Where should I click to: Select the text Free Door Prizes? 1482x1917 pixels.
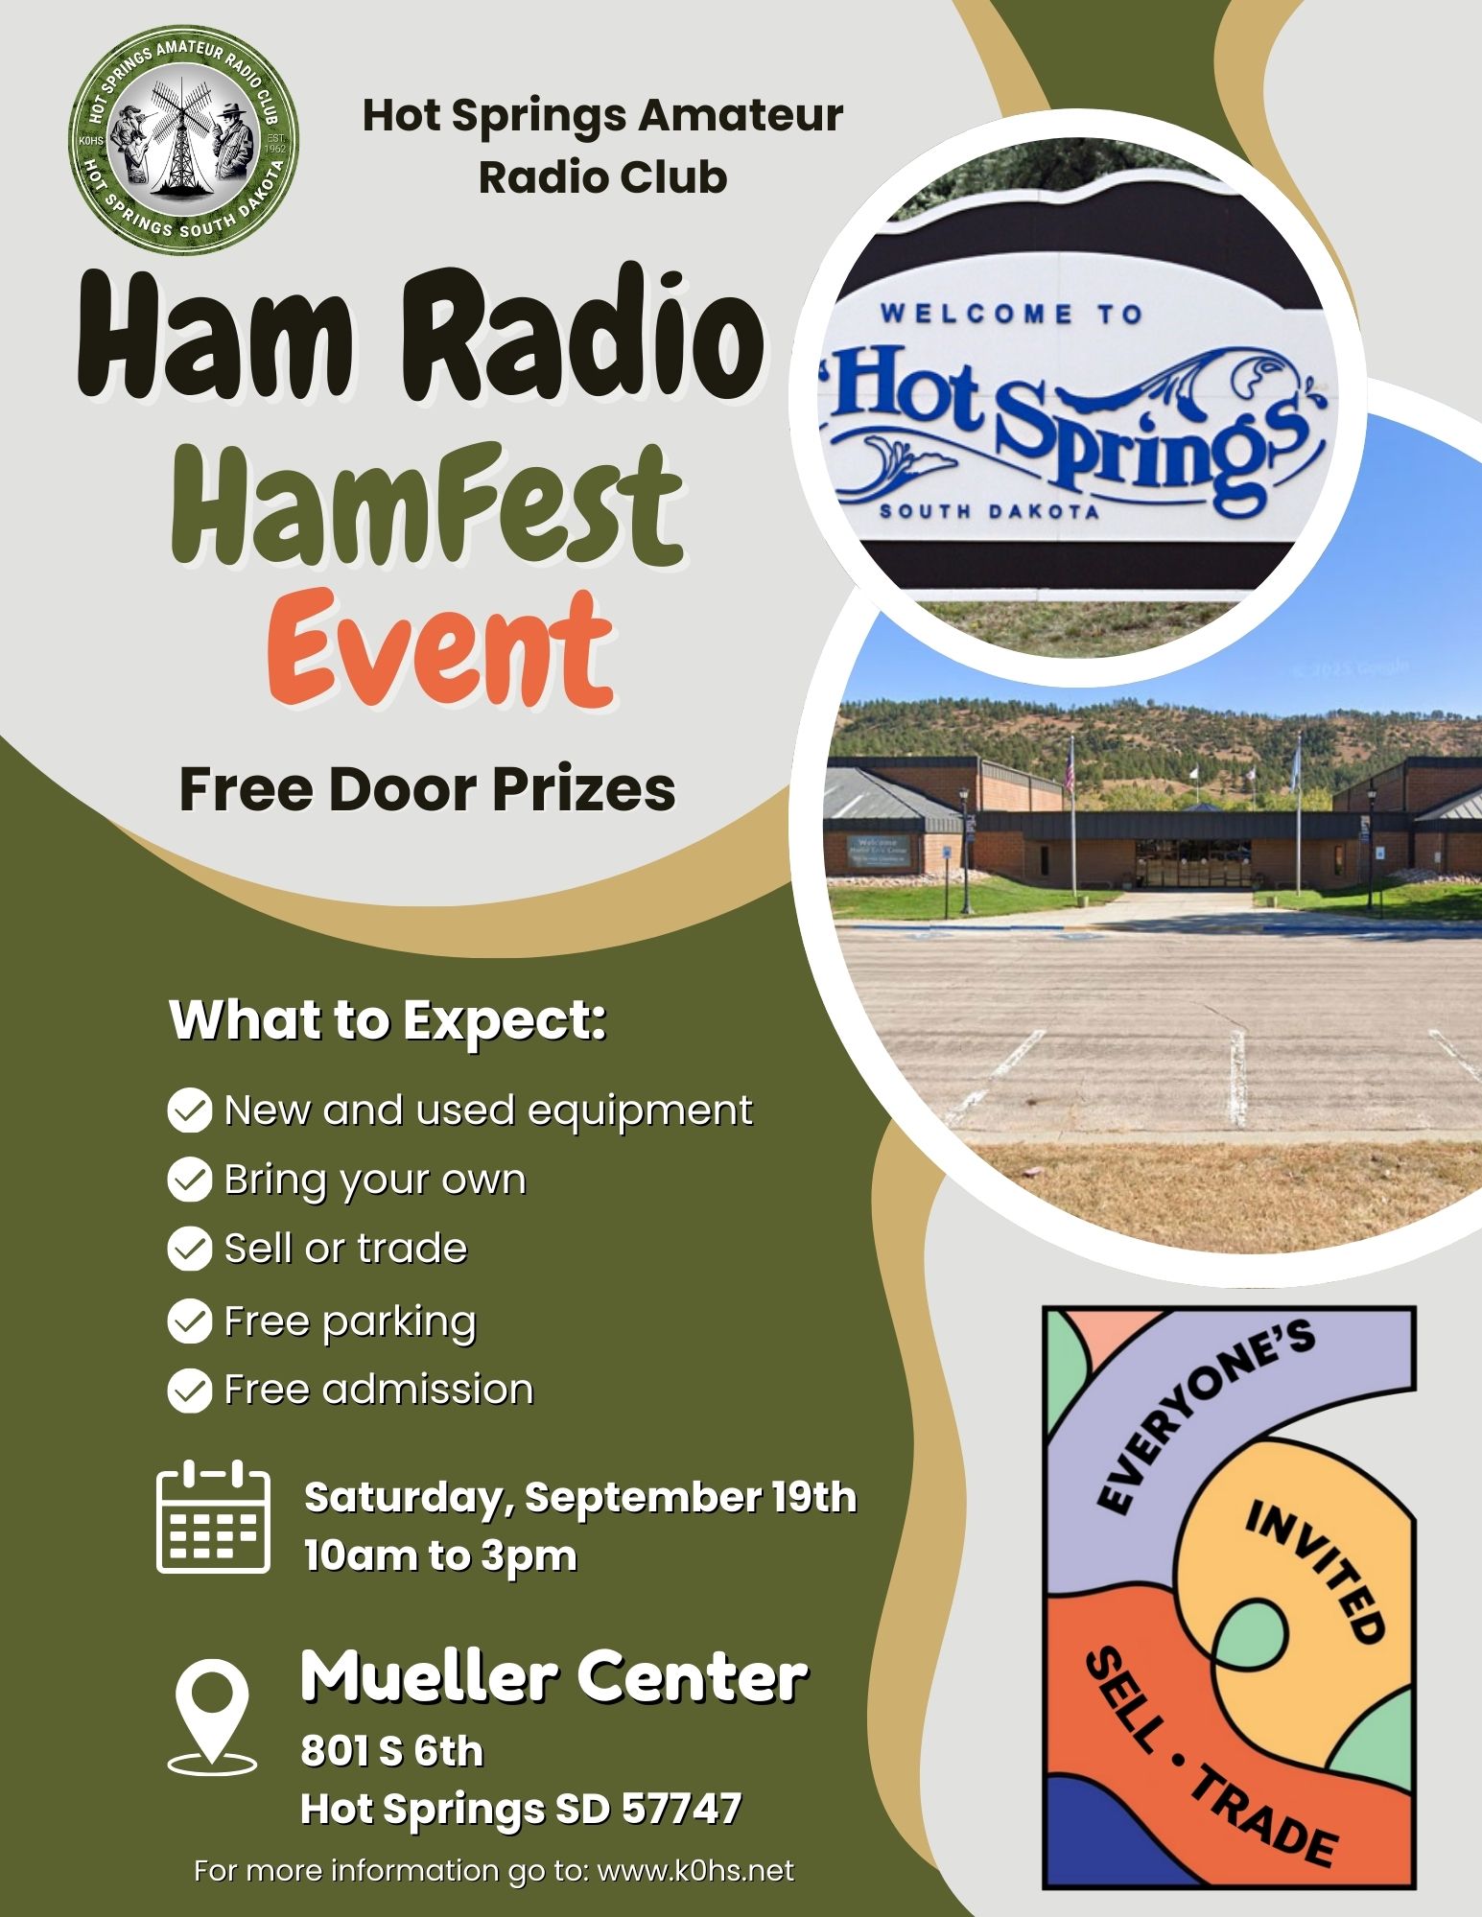(428, 789)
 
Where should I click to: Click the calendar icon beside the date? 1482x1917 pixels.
(213, 1516)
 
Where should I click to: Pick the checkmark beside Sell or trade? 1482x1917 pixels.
(190, 1249)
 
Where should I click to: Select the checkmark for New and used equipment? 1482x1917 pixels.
(190, 1110)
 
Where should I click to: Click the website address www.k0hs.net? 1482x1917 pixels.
(695, 1871)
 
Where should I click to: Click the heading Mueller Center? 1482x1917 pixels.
(553, 1677)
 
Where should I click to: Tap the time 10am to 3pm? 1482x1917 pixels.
(440, 1555)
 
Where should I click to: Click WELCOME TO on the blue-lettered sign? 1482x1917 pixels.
(1011, 314)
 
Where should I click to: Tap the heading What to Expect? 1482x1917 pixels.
(388, 1020)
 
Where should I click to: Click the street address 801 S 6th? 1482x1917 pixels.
(391, 1751)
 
